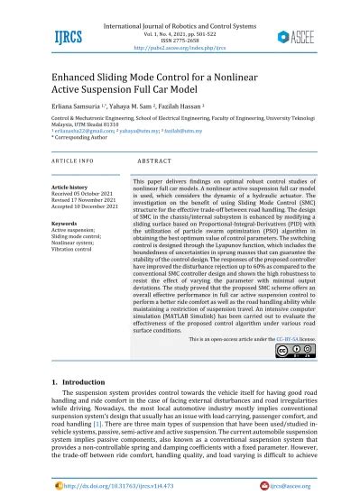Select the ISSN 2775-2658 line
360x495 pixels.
pos(180,32)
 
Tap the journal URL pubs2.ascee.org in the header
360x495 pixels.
pos(180,40)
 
